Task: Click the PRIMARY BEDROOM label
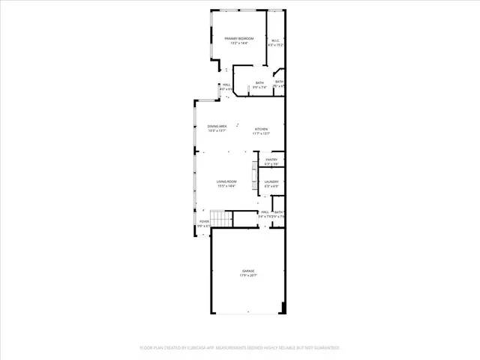[238, 38]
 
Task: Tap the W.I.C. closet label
[275, 41]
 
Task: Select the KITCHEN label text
[261, 129]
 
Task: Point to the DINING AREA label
[217, 126]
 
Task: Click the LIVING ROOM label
[226, 181]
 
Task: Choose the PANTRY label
[271, 159]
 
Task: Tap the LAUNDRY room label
[271, 181]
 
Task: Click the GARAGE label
[247, 271]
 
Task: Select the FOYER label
[204, 221]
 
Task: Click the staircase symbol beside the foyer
[219, 219]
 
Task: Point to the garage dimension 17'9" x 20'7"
[247, 275]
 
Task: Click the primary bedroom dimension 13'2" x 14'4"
[238, 43]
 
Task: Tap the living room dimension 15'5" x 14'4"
[226, 186]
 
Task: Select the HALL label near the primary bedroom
[226, 85]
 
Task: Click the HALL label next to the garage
[265, 212]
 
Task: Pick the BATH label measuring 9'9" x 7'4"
[259, 82]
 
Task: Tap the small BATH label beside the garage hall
[278, 212]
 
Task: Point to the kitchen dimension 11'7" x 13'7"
[261, 133]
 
